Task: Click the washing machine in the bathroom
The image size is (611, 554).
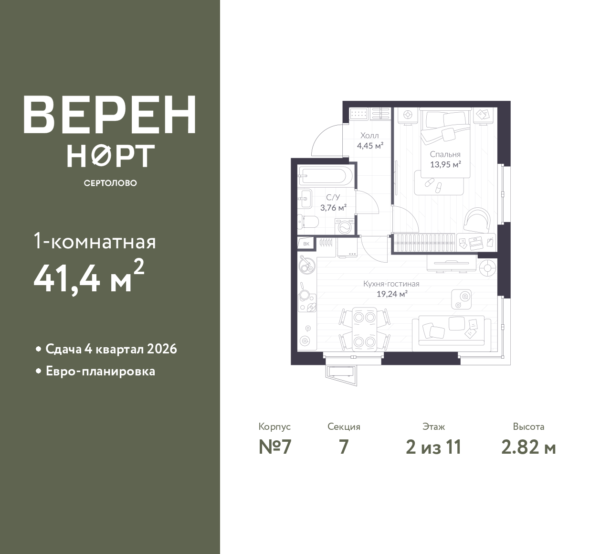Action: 345,227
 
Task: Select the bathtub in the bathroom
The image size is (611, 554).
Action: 325,176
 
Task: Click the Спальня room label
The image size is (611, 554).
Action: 445,154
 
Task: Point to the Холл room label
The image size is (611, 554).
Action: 369,135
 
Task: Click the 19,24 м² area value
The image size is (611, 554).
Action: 392,294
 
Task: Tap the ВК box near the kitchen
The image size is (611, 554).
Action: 306,244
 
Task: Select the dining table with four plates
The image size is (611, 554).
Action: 365,330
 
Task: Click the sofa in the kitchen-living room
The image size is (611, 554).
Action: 452,334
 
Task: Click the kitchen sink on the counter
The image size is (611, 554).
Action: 306,264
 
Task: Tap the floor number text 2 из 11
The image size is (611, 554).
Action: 433,447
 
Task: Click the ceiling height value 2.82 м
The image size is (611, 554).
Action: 528,447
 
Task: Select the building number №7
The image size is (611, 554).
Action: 275,447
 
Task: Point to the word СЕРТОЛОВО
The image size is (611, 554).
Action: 110,183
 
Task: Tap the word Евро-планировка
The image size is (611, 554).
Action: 100,371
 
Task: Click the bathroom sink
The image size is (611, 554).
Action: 305,199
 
